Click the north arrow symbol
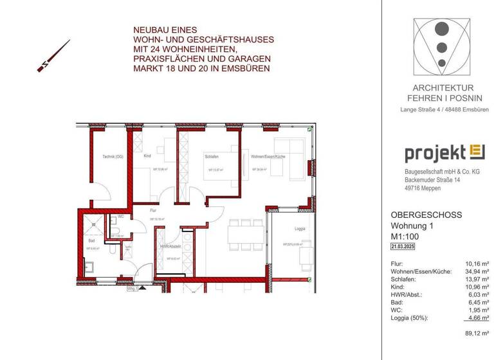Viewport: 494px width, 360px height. click(53, 57)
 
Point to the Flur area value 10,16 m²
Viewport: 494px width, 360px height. click(477, 264)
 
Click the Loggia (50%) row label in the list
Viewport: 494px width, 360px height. click(412, 318)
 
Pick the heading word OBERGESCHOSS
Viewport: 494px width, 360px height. click(426, 215)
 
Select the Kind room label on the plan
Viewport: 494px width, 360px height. click(147, 156)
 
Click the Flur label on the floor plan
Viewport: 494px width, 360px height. click(154, 210)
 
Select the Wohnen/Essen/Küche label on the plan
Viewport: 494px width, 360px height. click(268, 156)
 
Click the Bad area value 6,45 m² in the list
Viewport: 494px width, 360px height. click(478, 302)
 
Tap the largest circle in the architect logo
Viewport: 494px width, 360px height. click(441, 29)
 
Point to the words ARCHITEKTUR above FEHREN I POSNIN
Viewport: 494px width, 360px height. click(444, 87)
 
